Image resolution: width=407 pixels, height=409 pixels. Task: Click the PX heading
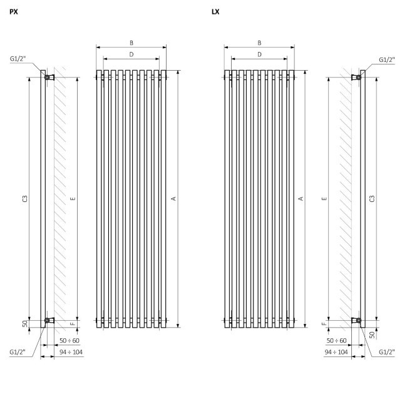click(14, 12)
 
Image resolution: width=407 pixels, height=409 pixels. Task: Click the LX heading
click(215, 12)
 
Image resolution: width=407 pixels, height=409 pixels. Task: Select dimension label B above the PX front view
click(131, 43)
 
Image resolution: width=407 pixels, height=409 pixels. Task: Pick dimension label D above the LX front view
click(259, 54)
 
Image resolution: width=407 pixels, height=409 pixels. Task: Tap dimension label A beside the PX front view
click(173, 199)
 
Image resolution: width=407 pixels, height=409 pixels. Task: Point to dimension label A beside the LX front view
click(301, 199)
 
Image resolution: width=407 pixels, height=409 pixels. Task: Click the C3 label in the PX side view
click(25, 199)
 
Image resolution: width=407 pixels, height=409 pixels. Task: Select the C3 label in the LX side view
click(372, 199)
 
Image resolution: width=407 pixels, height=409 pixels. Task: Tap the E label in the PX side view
click(73, 199)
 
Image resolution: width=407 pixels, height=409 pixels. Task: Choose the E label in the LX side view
click(324, 199)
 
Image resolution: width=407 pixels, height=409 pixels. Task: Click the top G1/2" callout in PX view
click(18, 59)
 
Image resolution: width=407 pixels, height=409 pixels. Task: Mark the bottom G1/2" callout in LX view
click(386, 352)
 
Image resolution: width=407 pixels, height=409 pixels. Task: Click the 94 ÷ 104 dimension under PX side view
click(71, 352)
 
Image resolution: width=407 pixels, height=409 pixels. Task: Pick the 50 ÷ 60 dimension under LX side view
click(336, 341)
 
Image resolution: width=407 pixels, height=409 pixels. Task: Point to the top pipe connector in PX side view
click(49, 77)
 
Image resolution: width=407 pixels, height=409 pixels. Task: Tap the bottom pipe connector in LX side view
click(356, 320)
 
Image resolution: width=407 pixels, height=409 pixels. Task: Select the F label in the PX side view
click(73, 324)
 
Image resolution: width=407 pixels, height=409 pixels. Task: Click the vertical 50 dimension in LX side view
click(372, 335)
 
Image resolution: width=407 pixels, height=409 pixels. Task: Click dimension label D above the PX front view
click(131, 54)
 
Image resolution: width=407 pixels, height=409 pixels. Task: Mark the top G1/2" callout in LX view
click(386, 60)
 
